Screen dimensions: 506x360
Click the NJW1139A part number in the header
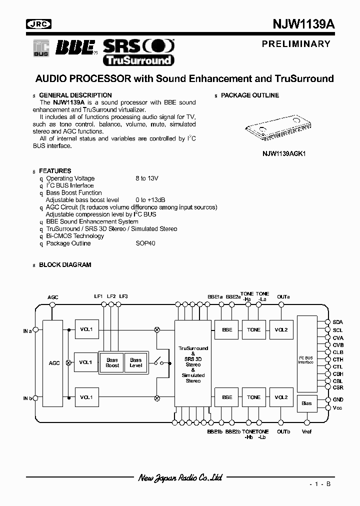coord(301,24)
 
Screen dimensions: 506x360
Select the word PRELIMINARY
coord(296,44)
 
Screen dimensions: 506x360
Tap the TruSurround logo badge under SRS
coord(138,60)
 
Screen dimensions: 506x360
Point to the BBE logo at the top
coord(75,47)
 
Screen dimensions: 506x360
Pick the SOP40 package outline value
coord(145,243)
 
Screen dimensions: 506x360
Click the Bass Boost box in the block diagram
coord(112,362)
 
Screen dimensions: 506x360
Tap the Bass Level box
coord(136,362)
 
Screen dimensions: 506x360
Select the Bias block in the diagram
coord(306,403)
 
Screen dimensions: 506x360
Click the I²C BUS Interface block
coord(306,353)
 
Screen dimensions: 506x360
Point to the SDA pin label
coord(338,322)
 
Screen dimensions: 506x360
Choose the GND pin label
coord(338,400)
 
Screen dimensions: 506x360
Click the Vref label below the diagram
coord(306,431)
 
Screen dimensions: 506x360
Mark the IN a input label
coord(27,330)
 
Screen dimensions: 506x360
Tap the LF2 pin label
coord(111,296)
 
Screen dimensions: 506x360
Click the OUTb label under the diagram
coord(283,431)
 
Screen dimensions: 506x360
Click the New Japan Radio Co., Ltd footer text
coord(180,478)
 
